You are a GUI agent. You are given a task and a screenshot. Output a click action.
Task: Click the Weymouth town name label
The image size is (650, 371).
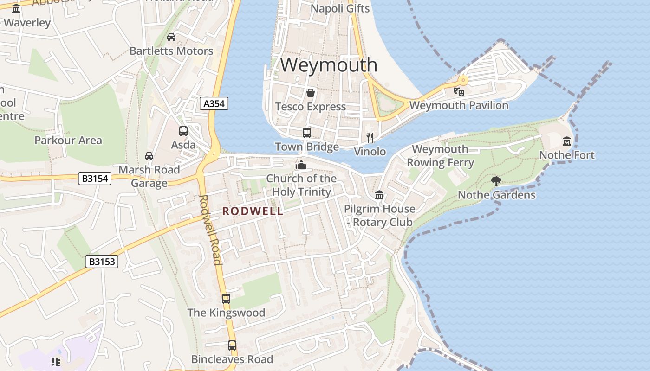(x=329, y=65)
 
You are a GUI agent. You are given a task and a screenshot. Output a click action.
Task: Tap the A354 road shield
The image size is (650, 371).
(x=214, y=103)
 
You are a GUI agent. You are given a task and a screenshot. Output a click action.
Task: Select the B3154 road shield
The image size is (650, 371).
(x=95, y=178)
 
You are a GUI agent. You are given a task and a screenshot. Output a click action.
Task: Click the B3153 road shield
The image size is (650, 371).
(x=102, y=262)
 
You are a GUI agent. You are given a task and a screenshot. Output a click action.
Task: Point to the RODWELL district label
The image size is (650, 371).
(x=253, y=211)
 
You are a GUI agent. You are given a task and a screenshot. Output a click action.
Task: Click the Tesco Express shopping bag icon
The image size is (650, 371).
(x=310, y=93)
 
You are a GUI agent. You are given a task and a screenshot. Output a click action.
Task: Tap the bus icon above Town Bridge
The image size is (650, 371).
(x=307, y=133)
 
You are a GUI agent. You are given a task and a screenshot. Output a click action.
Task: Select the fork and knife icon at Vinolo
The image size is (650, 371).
(x=370, y=137)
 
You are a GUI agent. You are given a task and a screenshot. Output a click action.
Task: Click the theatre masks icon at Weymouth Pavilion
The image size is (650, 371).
(x=459, y=91)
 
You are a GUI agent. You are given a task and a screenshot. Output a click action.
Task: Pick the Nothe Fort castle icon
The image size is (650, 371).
(x=567, y=141)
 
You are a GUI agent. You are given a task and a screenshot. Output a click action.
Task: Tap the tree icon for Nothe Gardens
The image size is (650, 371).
(x=496, y=181)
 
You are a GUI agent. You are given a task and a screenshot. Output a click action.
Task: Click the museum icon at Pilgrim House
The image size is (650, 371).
(x=379, y=195)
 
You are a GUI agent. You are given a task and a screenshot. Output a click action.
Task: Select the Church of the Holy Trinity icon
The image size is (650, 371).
(x=301, y=165)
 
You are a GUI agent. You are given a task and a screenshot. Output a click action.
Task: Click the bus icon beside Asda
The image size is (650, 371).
(x=183, y=131)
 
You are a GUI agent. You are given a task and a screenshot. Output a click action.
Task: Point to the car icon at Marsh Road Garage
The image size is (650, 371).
(x=149, y=156)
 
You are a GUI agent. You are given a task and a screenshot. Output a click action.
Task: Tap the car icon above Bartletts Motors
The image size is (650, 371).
(x=171, y=37)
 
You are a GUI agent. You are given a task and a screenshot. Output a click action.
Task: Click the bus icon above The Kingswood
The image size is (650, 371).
(x=226, y=299)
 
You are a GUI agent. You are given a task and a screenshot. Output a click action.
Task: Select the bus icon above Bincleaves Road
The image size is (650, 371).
(x=232, y=345)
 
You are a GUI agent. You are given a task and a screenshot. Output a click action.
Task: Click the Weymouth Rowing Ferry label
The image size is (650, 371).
(x=440, y=156)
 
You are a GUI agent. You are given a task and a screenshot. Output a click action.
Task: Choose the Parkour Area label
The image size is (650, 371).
(x=68, y=140)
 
